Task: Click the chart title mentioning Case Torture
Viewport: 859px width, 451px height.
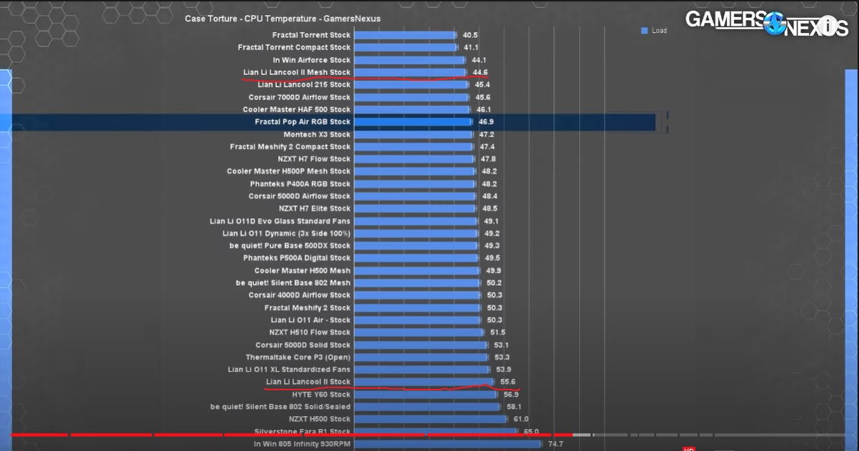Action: pyautogui.click(x=283, y=19)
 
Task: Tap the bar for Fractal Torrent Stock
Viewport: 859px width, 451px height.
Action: pyautogui.click(x=405, y=35)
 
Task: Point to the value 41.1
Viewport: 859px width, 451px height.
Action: pyautogui.click(x=471, y=48)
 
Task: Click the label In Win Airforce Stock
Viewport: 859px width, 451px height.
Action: pyautogui.click(x=311, y=60)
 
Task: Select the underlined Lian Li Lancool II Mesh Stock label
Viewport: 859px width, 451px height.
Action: pyautogui.click(x=296, y=72)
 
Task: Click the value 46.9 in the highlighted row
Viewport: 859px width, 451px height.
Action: pyautogui.click(x=486, y=122)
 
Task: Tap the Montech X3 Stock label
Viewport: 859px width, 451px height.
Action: pyautogui.click(x=317, y=134)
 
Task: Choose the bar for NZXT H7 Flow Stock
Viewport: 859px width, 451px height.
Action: pyautogui.click(x=414, y=159)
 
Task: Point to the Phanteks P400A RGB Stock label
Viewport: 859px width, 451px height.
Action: pyautogui.click(x=300, y=184)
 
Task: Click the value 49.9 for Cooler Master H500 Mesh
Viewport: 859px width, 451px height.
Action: pyautogui.click(x=493, y=271)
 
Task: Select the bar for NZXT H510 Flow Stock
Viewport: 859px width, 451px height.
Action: pyautogui.click(x=419, y=332)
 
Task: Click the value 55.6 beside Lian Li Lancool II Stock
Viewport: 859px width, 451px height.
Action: pyautogui.click(x=508, y=382)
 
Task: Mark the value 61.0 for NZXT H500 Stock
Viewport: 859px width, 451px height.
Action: pyautogui.click(x=521, y=419)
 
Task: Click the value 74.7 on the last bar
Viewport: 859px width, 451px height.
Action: pyautogui.click(x=556, y=444)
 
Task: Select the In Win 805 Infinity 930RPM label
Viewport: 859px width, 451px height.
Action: pyautogui.click(x=302, y=444)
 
